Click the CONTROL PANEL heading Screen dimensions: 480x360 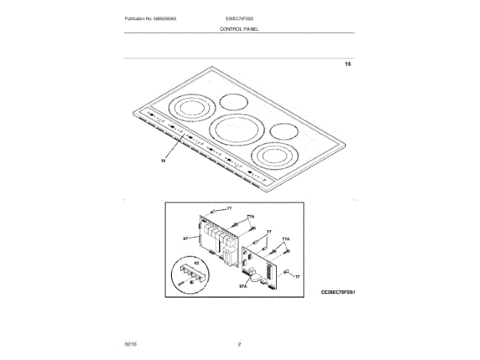tap(239, 28)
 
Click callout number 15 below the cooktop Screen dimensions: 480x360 tap(163, 160)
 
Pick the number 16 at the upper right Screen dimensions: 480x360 tap(347, 64)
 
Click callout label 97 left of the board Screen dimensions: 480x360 tap(185, 238)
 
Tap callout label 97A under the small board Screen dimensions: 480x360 tap(243, 286)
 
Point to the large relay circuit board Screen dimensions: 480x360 tap(220, 241)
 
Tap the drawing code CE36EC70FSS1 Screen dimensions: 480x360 tap(337, 291)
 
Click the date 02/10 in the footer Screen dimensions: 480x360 tap(130, 343)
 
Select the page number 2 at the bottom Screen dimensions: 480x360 tap(239, 343)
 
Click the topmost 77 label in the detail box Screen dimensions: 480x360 tap(229, 208)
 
